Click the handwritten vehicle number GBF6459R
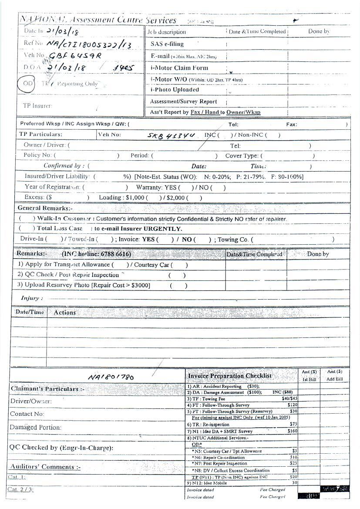[x=75, y=56]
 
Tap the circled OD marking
[x=27, y=83]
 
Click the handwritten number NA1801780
[x=111, y=377]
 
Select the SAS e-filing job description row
[x=167, y=44]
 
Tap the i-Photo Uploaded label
[x=175, y=90]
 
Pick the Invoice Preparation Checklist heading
[x=229, y=376]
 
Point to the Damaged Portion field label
[x=36, y=428]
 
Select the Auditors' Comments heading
[x=45, y=467]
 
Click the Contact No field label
[x=27, y=414]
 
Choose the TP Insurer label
[x=37, y=106]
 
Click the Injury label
[x=32, y=298]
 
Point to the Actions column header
[x=64, y=312]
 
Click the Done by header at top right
[x=319, y=31]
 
